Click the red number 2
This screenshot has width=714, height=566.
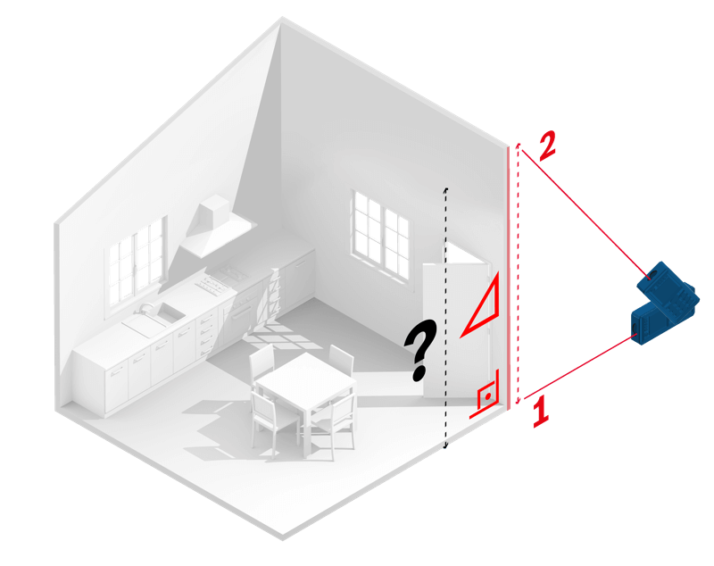(546, 146)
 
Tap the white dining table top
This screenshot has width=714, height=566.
(304, 379)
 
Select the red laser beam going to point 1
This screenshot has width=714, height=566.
(580, 366)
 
